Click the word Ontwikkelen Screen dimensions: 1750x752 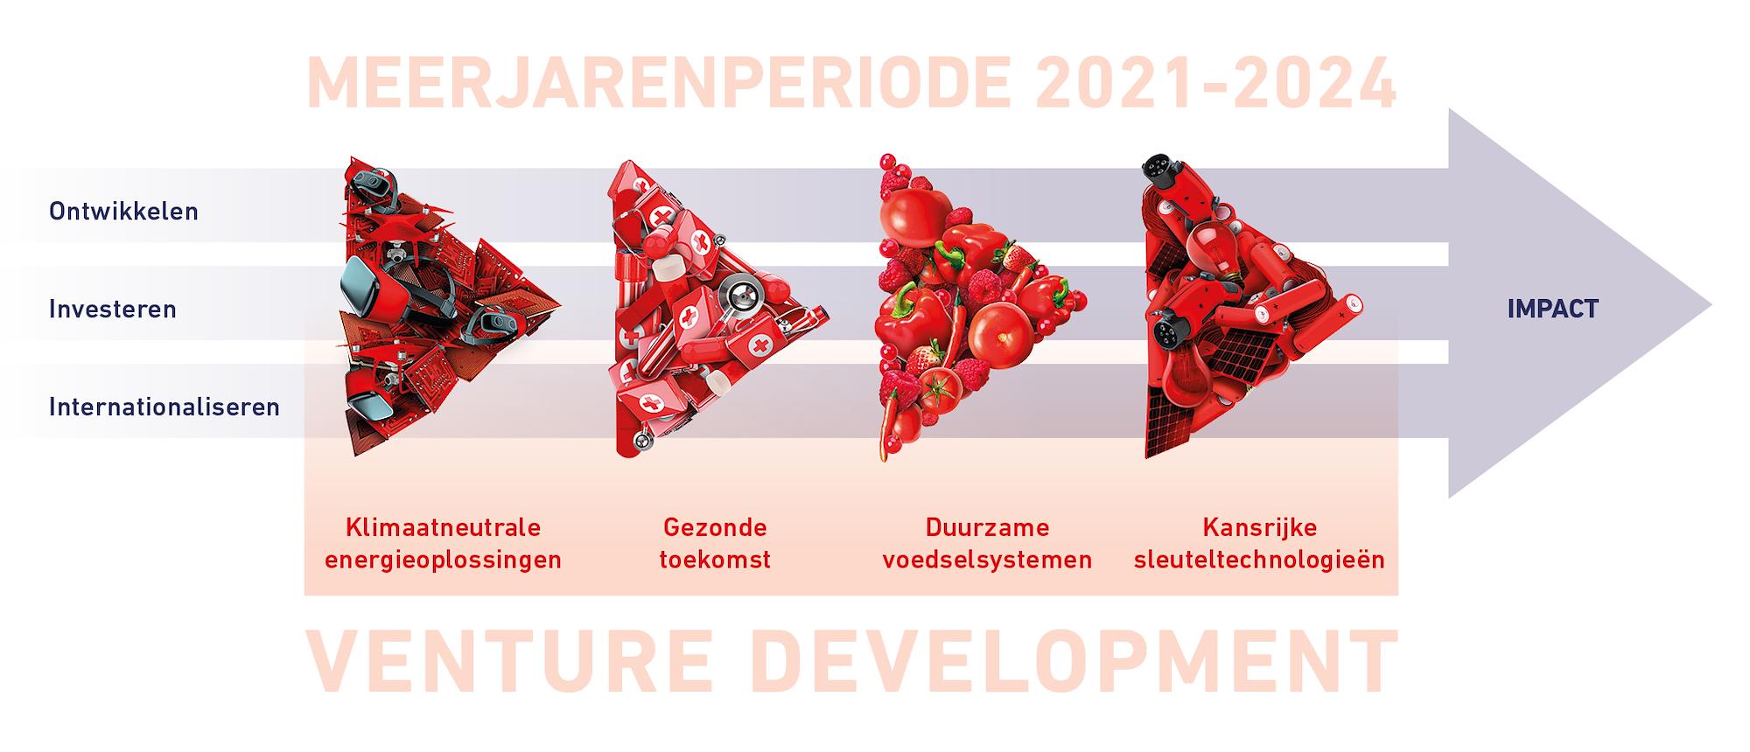coord(123,212)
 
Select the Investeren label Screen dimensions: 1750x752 coord(113,310)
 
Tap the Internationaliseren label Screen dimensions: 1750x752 coord(164,407)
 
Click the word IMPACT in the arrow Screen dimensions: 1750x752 coord(1552,309)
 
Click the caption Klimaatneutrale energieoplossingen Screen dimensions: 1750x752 coord(443,543)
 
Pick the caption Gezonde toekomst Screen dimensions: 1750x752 coord(715,543)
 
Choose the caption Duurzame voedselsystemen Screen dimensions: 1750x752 coord(987,543)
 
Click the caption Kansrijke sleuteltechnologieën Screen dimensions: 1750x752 coord(1259,543)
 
